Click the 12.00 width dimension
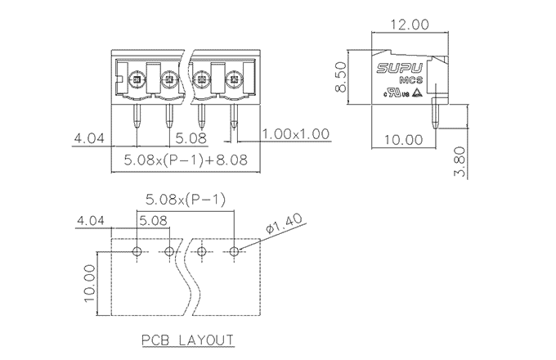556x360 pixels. click(410, 25)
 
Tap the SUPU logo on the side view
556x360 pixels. click(399, 69)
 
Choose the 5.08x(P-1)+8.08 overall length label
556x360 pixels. click(186, 160)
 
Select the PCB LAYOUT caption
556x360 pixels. click(187, 340)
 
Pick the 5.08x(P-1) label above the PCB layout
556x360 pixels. click(186, 199)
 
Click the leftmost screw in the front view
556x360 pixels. click(137, 80)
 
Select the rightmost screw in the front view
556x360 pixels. click(233, 80)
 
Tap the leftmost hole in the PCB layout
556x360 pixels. click(137, 250)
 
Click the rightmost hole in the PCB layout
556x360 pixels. click(234, 250)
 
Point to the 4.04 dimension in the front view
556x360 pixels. click(89, 138)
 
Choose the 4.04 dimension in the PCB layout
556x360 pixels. click(91, 221)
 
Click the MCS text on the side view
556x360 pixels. click(411, 81)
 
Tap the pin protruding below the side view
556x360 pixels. click(437, 115)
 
